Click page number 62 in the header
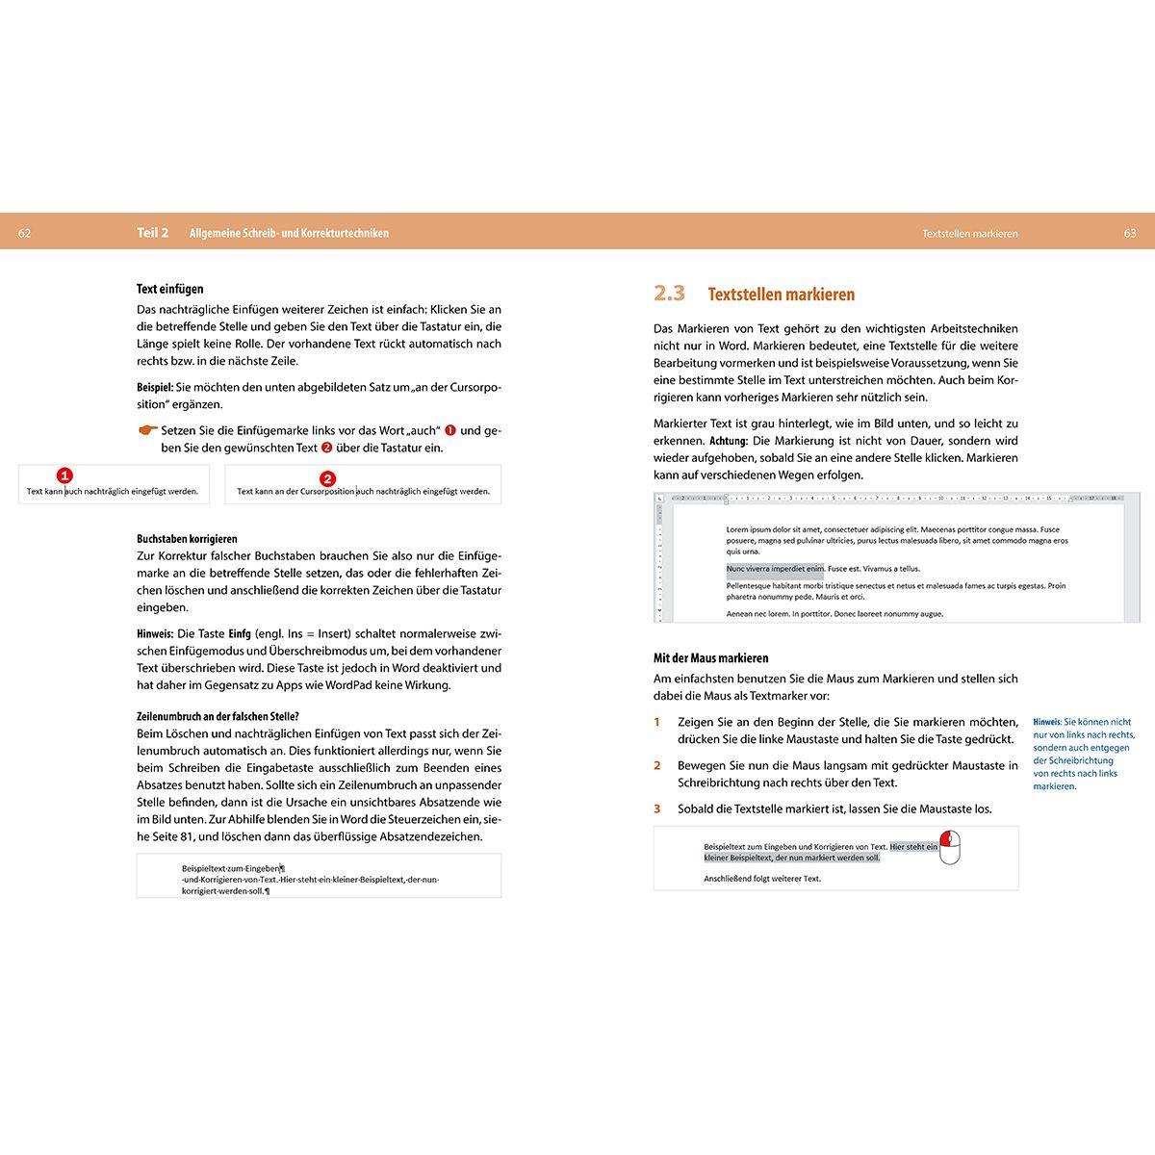pos(25,233)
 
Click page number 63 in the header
pos(1130,233)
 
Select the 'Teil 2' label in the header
pos(153,233)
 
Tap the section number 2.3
pos(669,294)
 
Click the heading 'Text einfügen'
pos(170,289)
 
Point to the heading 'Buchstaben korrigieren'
pos(187,539)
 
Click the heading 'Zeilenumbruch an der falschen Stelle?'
pos(218,716)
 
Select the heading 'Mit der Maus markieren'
pos(710,658)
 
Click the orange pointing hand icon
pos(147,430)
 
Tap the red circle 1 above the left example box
pos(64,475)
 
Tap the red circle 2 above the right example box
pos(327,478)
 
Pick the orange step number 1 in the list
pos(657,722)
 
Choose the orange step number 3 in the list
pos(657,808)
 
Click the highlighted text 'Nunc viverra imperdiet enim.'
pos(775,569)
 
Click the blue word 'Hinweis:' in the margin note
pos(1047,722)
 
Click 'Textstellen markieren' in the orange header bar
pos(969,233)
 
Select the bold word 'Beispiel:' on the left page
pos(155,387)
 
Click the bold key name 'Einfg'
pos(240,633)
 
